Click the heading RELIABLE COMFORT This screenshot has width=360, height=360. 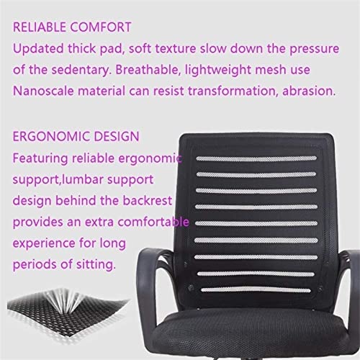pos(72,27)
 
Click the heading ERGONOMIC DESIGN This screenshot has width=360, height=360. pos(76,137)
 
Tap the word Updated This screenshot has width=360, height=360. pos(38,48)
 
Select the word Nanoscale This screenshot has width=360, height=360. pos(43,91)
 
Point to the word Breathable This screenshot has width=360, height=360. pos(148,70)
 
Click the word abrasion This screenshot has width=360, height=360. pos(309,91)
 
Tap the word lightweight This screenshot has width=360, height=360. pos(217,71)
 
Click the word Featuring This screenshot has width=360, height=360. pos(40,159)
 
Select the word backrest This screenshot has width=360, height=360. pos(148,201)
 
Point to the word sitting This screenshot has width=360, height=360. pos(96,265)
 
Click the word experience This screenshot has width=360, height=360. pos(44,244)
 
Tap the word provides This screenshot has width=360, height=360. pos(38,222)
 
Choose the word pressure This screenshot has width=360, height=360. pos(315,49)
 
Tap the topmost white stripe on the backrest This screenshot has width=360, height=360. pos(256,158)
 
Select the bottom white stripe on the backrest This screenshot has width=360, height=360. pos(256,290)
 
